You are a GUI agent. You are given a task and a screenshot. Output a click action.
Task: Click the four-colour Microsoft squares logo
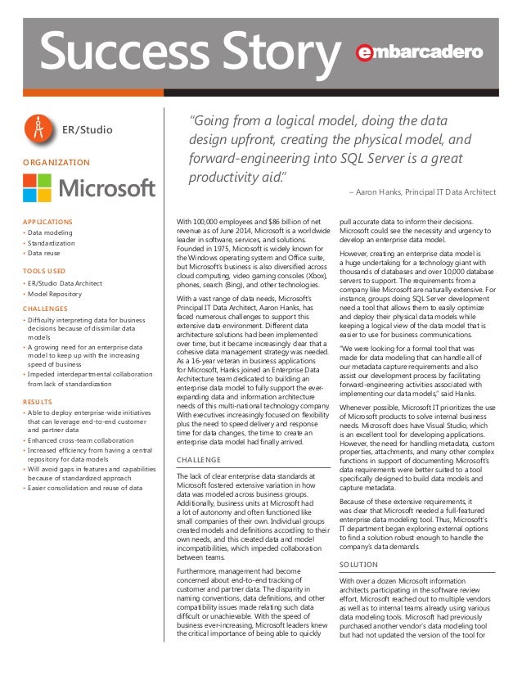coord(38,188)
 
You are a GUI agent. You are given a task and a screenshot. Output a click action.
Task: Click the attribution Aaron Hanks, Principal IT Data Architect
coord(424,192)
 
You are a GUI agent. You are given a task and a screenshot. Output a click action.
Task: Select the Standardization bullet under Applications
coord(52,244)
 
